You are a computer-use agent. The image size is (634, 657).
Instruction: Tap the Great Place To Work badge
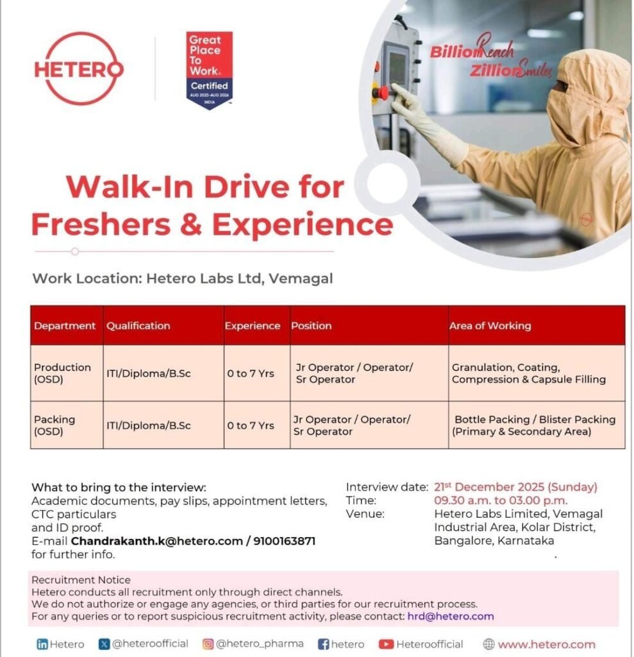tap(209, 70)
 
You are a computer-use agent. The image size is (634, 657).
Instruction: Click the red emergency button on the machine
tap(380, 92)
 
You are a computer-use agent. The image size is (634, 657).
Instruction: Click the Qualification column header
tap(138, 326)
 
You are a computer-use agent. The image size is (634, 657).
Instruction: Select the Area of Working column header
tap(490, 326)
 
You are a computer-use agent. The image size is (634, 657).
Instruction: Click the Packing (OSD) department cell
tap(54, 425)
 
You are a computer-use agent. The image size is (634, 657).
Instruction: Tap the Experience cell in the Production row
tap(251, 373)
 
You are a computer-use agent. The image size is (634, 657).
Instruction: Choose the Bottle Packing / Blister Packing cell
tap(535, 425)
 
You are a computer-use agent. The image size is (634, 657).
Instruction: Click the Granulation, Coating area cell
tap(528, 373)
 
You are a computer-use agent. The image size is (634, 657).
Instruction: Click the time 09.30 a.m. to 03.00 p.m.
tap(501, 500)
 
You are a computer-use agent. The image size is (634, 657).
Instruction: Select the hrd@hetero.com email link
tap(450, 616)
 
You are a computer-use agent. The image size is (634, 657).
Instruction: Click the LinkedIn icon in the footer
tap(42, 644)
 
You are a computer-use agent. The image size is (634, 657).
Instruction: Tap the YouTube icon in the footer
tap(385, 644)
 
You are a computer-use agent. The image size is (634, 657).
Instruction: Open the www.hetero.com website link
tap(546, 644)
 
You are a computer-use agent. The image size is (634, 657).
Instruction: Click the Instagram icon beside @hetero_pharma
tap(208, 644)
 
